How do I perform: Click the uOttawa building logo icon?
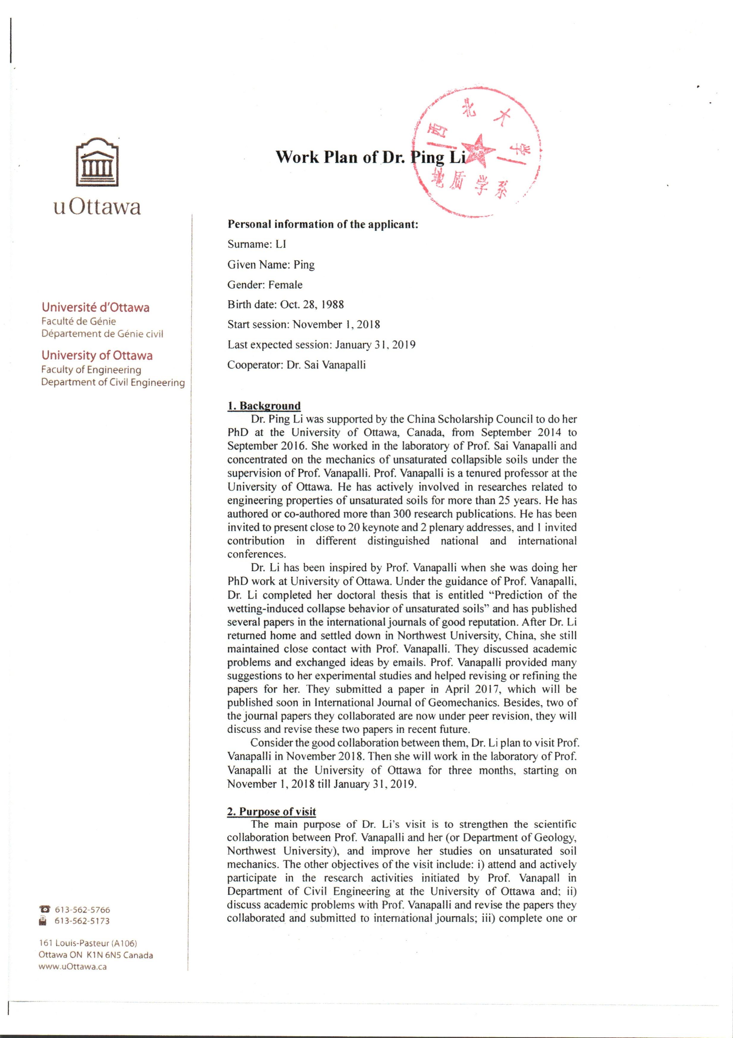tap(98, 162)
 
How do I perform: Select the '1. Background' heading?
tap(264, 406)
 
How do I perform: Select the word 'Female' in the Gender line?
tap(285, 285)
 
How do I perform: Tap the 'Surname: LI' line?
tap(257, 245)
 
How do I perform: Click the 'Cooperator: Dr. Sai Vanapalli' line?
tap(297, 365)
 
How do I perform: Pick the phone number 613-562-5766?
tap(82, 910)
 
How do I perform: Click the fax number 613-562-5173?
tap(82, 921)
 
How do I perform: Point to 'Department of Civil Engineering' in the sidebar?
tap(113, 382)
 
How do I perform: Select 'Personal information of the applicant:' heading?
tap(323, 224)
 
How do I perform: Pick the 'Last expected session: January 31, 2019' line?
tap(321, 345)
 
